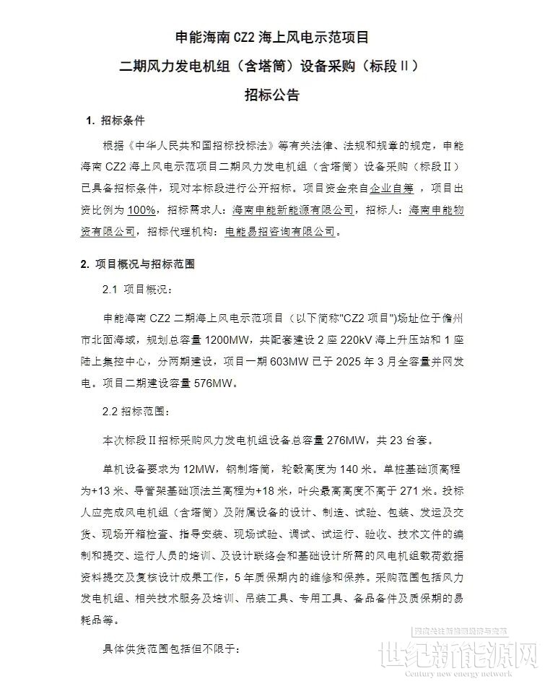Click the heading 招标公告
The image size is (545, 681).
[x=271, y=95]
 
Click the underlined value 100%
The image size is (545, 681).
[x=142, y=209]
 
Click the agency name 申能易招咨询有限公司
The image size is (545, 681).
[x=281, y=232]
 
